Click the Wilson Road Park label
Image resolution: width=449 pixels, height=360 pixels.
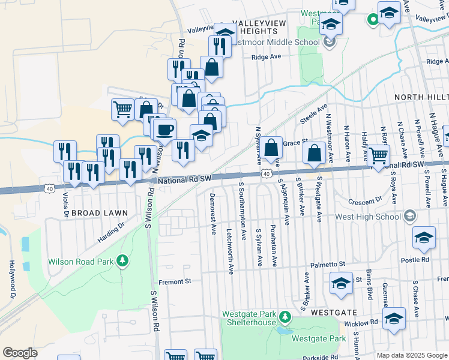[81, 262]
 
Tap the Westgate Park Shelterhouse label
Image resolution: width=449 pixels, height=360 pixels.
[249, 318]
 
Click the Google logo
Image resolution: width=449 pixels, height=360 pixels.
[20, 353]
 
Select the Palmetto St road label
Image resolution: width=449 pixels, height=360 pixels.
[328, 264]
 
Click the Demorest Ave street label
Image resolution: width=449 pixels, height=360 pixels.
[213, 214]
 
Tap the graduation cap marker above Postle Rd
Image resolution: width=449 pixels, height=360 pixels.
[424, 238]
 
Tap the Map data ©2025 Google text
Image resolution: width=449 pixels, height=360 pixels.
[412, 355]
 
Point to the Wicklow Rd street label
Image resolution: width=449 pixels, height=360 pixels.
[361, 322]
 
